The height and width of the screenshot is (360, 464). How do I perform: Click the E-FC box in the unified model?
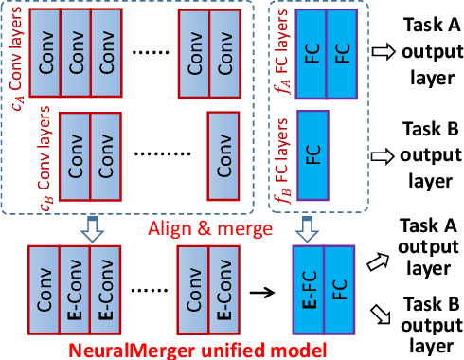pos(310,286)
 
